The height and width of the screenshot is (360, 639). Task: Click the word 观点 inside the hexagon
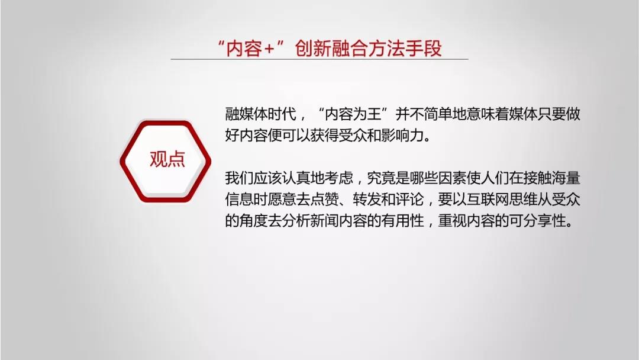(x=167, y=159)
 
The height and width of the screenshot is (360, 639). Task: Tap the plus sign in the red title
(x=269, y=49)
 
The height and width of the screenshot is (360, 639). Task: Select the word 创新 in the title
(x=313, y=49)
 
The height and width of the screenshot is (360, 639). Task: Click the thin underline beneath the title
(x=319, y=59)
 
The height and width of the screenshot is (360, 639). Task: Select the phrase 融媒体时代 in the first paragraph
(x=261, y=114)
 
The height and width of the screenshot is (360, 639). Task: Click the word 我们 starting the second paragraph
(x=240, y=178)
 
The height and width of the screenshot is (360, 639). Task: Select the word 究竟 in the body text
(x=382, y=178)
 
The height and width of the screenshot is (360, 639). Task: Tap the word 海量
(x=566, y=178)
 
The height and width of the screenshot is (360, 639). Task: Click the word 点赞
(x=325, y=200)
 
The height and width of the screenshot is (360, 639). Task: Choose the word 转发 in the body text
(x=367, y=200)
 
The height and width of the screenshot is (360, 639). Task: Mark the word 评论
(x=410, y=200)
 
